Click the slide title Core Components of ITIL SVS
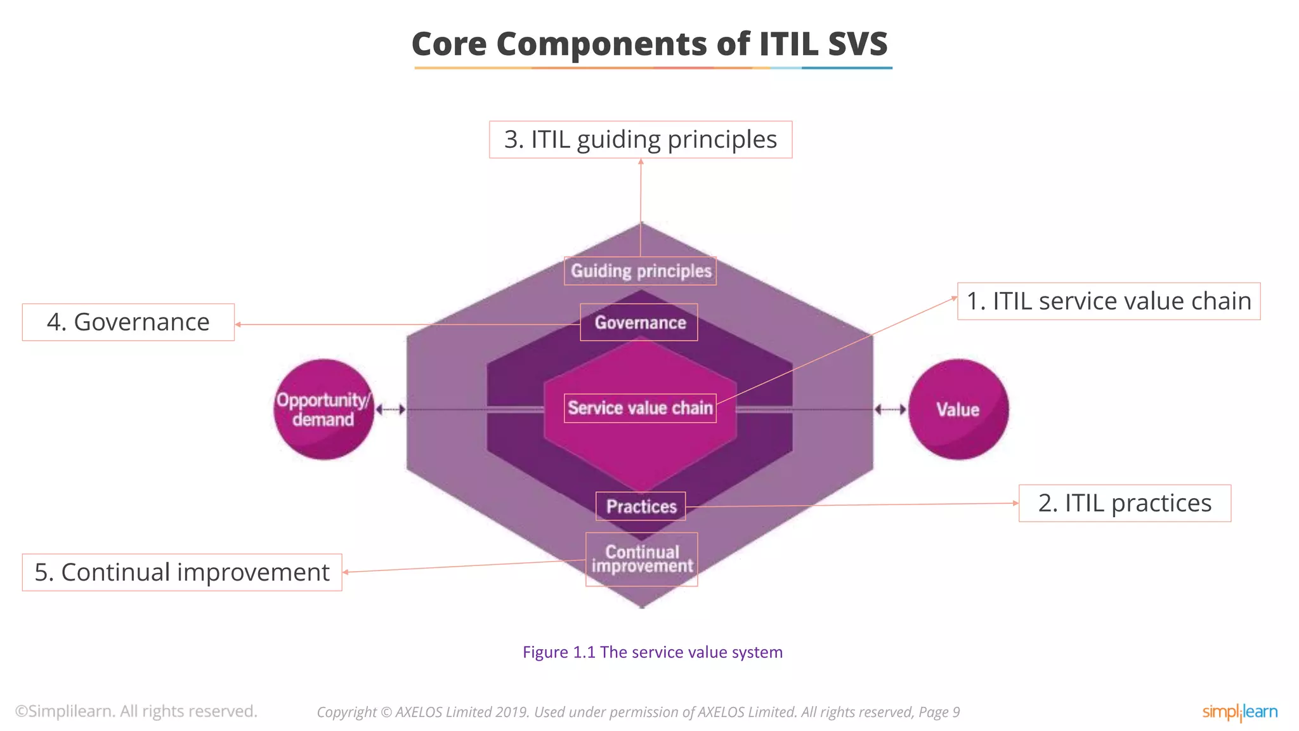pyautogui.click(x=649, y=44)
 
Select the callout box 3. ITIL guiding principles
pyautogui.click(x=641, y=140)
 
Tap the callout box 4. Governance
pyautogui.click(x=128, y=322)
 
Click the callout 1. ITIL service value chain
pyautogui.click(x=1108, y=301)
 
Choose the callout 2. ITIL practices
pyautogui.click(x=1124, y=503)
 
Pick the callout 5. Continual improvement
pyautogui.click(x=182, y=572)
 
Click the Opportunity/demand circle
pyautogui.click(x=323, y=409)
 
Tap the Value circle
pyautogui.click(x=958, y=409)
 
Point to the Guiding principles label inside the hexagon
pyautogui.click(x=641, y=271)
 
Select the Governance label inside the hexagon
pyautogui.click(x=639, y=322)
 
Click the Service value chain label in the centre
pyautogui.click(x=640, y=408)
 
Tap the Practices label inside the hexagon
pyautogui.click(x=641, y=506)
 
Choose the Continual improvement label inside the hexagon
pyautogui.click(x=642, y=559)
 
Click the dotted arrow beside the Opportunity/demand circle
pyautogui.click(x=390, y=409)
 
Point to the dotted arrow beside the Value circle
pyautogui.click(x=891, y=409)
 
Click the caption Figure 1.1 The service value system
pyautogui.click(x=652, y=652)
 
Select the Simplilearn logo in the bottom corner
pyautogui.click(x=1239, y=712)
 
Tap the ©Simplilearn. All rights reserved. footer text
pyautogui.click(x=136, y=711)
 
